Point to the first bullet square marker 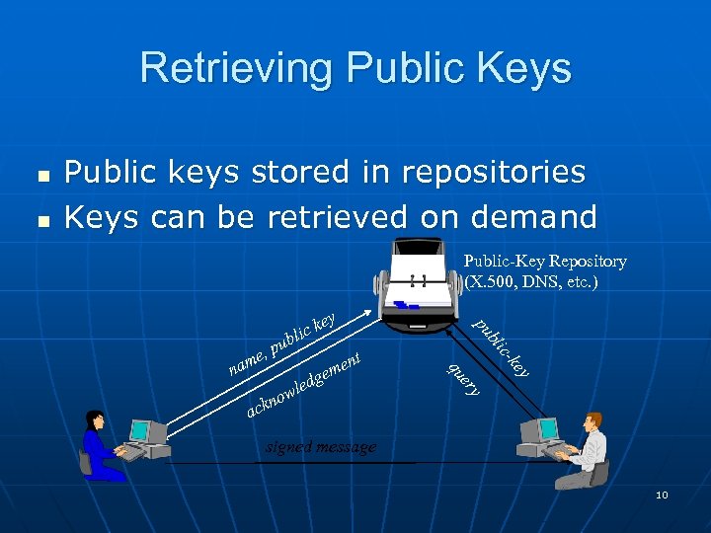pos(42,175)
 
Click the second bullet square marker pos(42,218)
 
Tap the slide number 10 pos(662,495)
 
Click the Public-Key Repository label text pos(545,262)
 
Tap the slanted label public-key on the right pos(502,346)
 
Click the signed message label pos(321,447)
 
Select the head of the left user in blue pos(96,419)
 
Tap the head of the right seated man pos(592,421)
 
